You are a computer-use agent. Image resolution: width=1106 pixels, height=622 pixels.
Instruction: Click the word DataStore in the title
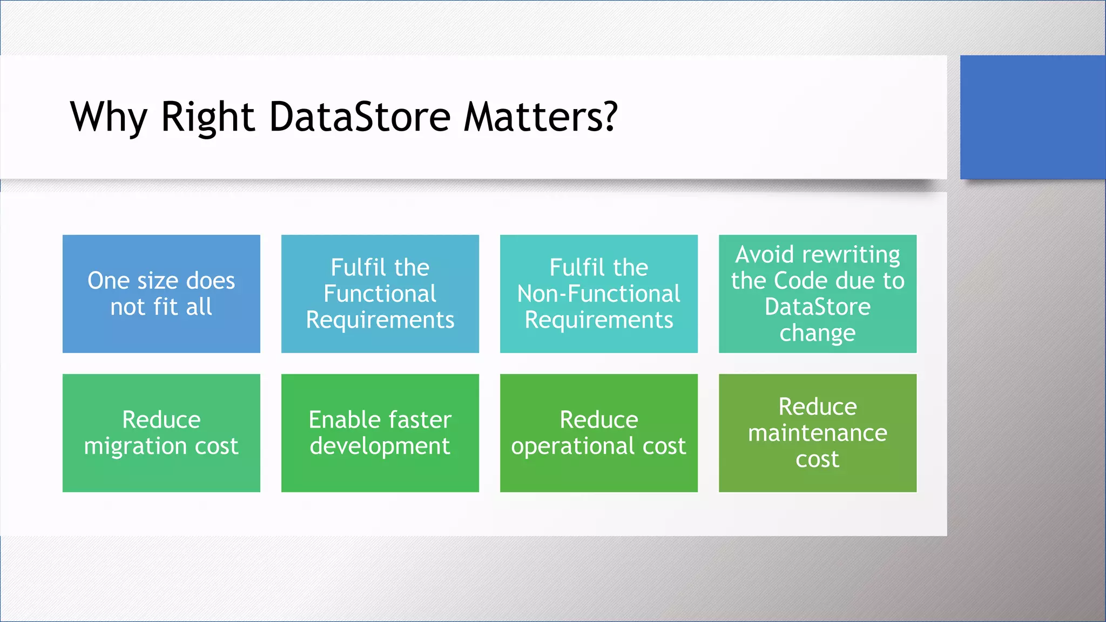360,117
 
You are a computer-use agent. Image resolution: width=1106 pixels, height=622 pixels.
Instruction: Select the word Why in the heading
108,118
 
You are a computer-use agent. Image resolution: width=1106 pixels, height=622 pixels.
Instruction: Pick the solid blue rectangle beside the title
1033,117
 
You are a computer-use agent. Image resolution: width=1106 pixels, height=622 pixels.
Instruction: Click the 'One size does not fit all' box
161,294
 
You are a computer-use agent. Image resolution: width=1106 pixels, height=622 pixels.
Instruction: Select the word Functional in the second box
380,294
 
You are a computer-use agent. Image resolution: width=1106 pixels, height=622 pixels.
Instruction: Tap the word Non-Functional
598,294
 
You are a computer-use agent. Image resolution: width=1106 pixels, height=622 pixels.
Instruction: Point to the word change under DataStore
817,333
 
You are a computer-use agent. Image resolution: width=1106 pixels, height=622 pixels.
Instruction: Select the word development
380,447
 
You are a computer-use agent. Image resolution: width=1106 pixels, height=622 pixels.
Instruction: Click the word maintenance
817,433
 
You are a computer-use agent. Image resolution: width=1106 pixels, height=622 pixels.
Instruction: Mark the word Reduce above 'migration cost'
161,420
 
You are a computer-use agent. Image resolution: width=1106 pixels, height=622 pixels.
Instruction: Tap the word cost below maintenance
817,459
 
